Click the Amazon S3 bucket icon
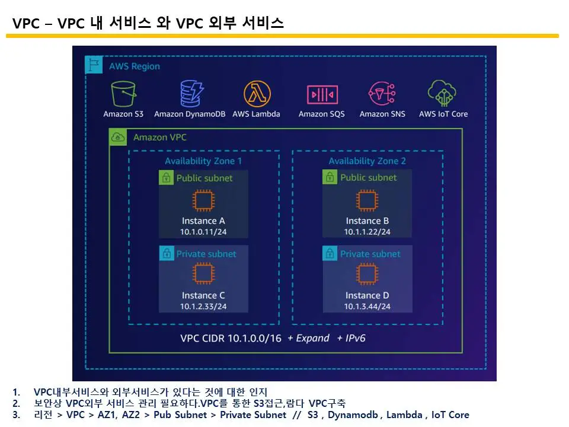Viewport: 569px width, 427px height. coord(123,94)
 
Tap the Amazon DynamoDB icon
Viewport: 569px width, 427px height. coord(192,94)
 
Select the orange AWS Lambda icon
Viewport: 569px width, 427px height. coord(257,94)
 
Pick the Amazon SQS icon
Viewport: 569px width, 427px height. coord(322,94)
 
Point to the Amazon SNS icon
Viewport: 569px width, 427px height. coord(382,94)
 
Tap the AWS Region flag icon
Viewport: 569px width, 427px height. coord(94,65)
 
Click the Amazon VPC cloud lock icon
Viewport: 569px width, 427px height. coord(118,138)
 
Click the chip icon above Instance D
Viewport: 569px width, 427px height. coord(367,274)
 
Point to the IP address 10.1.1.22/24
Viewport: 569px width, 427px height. coord(367,232)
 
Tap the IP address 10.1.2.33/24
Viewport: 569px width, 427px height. coord(203,307)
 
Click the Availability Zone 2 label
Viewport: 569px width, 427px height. coord(367,161)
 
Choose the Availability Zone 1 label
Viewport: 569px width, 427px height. coord(203,161)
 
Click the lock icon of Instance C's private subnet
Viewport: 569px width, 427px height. coord(167,254)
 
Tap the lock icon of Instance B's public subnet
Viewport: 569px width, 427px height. coord(330,177)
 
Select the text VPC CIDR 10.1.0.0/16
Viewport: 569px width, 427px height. coord(231,338)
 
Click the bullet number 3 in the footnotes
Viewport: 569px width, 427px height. coord(16,415)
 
